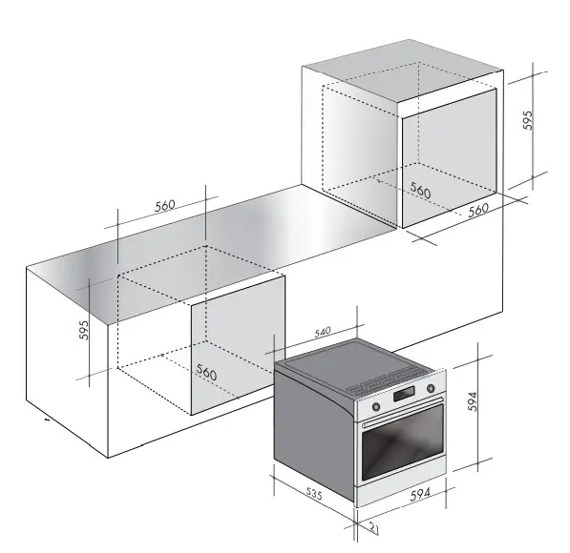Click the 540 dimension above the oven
322,331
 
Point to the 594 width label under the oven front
417,494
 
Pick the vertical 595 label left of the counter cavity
84,330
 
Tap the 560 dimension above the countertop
165,205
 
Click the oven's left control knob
372,406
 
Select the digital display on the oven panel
402,396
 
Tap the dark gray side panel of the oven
315,429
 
